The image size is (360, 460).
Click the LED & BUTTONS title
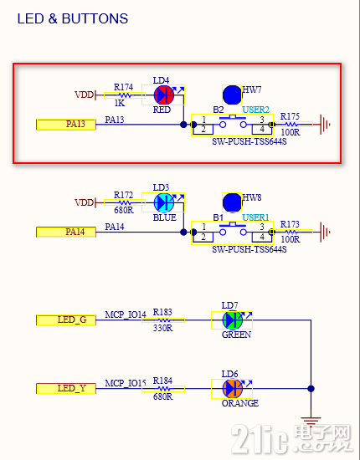[73, 18]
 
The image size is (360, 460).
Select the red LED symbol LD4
[163, 95]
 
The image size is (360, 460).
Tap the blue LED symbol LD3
[164, 202]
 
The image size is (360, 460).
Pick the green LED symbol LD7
[232, 319]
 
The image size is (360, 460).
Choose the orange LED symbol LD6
[232, 388]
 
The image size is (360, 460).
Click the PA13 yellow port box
[67, 125]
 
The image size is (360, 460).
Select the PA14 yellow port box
[67, 231]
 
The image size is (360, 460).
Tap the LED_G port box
[67, 319]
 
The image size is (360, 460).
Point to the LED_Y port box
[67, 388]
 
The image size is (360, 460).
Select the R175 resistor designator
[291, 116]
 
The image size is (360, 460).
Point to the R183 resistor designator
[162, 312]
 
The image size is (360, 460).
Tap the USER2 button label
[255, 110]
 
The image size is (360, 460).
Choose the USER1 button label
[255, 217]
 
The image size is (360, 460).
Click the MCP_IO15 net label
[126, 382]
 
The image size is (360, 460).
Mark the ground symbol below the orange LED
[311, 422]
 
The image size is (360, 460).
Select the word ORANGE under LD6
[241, 403]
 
